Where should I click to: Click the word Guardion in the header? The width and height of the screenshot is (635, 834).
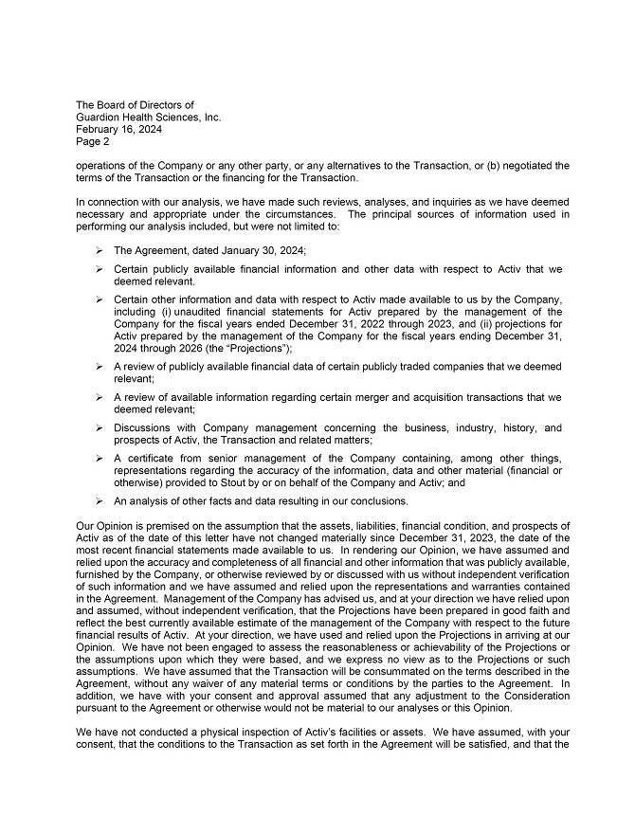100,117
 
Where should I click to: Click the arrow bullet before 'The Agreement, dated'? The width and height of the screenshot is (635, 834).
100,250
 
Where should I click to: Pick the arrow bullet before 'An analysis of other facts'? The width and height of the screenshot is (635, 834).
100,500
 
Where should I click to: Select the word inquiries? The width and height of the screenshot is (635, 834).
433,202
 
